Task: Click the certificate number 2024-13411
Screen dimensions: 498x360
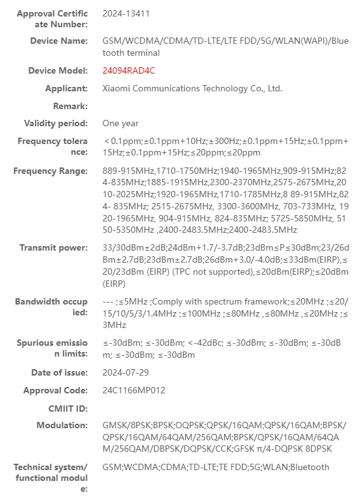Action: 126,13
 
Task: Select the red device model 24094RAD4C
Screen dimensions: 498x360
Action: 128,71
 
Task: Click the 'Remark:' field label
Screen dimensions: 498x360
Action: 70,106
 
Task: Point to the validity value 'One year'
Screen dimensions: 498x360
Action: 121,123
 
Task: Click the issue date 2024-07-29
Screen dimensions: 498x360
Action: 125,373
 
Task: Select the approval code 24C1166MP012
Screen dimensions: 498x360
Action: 133,390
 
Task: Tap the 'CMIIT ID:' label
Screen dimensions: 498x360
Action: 67,408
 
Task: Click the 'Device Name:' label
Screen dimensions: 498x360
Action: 59,41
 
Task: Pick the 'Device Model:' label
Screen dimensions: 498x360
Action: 58,71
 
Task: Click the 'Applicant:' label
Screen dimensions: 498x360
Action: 67,89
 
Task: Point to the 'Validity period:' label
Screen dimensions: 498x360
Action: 56,123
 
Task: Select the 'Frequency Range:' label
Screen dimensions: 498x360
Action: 50,171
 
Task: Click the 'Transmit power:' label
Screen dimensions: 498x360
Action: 53,248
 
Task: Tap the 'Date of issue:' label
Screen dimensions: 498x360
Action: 60,373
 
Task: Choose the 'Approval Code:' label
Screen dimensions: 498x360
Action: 55,390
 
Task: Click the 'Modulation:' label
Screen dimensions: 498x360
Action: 62,425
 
